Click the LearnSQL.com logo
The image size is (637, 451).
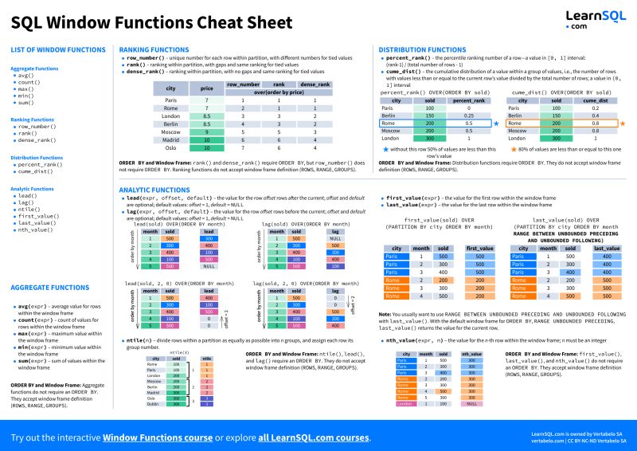click(589, 18)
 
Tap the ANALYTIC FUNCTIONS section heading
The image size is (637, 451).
click(153, 190)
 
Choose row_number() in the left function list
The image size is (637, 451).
click(41, 126)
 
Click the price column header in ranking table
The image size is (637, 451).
click(206, 88)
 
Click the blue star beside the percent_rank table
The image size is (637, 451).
click(496, 124)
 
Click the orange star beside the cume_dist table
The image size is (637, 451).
click(623, 124)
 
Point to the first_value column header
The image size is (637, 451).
click(479, 249)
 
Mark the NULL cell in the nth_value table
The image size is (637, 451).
click(472, 404)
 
